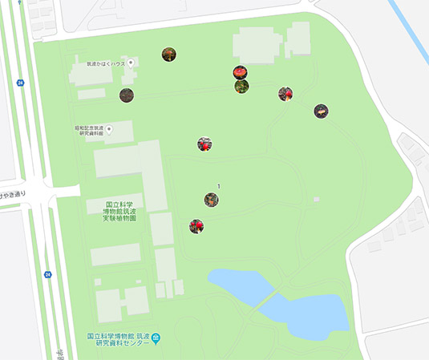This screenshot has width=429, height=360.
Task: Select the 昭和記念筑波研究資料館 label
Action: (91, 131)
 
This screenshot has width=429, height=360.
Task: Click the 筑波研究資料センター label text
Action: (117, 341)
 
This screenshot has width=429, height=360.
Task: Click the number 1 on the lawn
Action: (218, 186)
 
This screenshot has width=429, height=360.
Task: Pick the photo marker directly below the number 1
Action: (211, 200)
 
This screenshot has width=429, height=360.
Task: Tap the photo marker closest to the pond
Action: (196, 226)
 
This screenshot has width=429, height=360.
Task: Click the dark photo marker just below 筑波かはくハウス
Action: (127, 95)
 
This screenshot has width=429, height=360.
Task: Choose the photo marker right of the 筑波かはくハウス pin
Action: (168, 55)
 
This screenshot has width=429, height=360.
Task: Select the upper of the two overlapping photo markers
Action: (240, 72)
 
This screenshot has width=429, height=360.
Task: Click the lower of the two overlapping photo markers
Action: (241, 85)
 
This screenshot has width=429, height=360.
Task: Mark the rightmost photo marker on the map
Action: (321, 111)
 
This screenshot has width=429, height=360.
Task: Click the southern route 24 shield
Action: (47, 274)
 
